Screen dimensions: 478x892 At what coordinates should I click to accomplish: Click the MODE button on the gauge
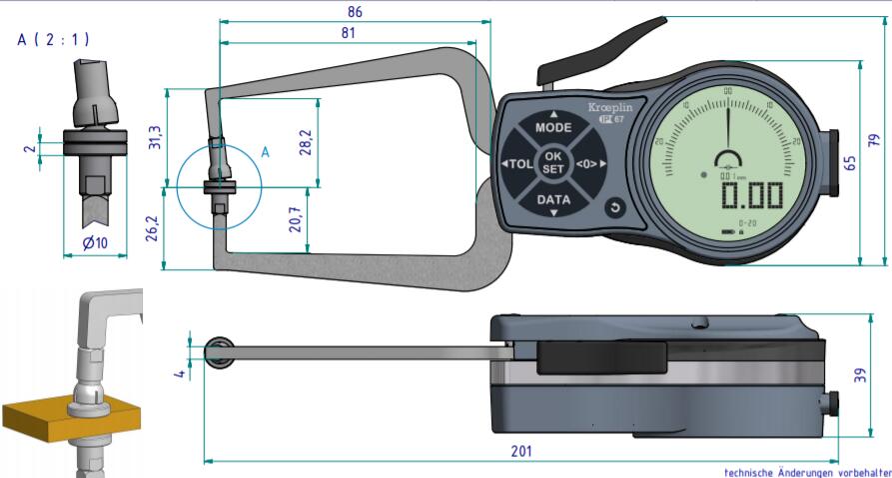point(553,127)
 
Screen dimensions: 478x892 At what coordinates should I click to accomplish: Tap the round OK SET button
point(553,163)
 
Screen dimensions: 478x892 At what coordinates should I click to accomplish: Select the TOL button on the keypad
point(516,164)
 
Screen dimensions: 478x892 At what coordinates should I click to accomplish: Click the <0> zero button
point(589,164)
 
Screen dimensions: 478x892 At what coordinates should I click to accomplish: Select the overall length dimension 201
point(520,451)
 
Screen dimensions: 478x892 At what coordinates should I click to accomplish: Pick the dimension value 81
point(348,33)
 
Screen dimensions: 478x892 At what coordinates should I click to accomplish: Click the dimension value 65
point(849,161)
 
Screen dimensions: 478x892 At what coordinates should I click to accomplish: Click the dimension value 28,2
point(306,143)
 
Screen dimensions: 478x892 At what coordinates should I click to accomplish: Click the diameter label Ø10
point(96,243)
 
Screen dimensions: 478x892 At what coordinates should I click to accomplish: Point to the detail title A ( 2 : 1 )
point(53,40)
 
